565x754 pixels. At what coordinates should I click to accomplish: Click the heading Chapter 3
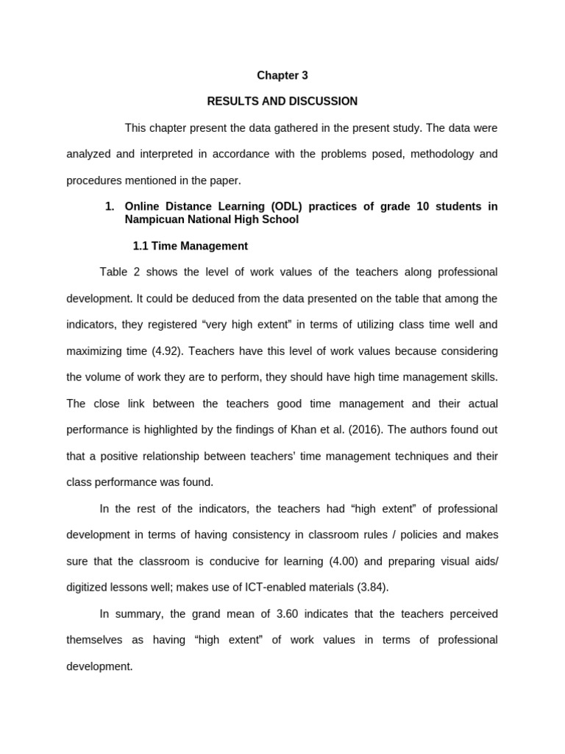click(282, 75)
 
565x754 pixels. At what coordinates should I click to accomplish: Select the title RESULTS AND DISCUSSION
click(282, 102)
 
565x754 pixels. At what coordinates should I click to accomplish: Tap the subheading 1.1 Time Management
click(190, 246)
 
